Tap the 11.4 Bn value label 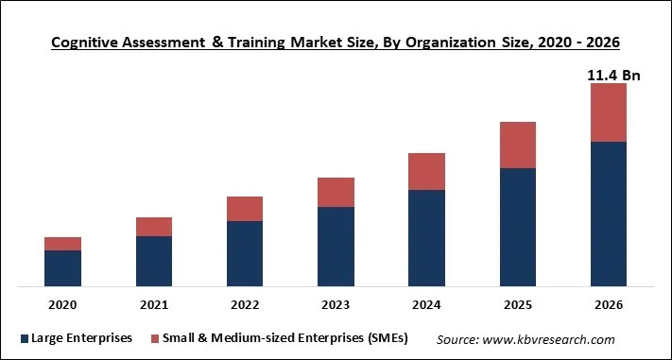[613, 75]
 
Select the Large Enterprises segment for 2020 [62, 267]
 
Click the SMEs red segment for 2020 [62, 244]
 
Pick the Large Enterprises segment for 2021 [154, 261]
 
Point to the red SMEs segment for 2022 [245, 209]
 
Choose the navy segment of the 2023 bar [336, 246]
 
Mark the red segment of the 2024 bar [426, 172]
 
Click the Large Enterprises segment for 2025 [518, 227]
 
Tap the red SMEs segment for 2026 [609, 112]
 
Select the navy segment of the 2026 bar [609, 214]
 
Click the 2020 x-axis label [62, 305]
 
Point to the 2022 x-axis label [245, 305]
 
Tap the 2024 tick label [426, 305]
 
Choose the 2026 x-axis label [609, 305]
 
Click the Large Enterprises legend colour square [22, 338]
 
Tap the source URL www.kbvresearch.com [552, 339]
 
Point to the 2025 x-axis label [518, 305]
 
